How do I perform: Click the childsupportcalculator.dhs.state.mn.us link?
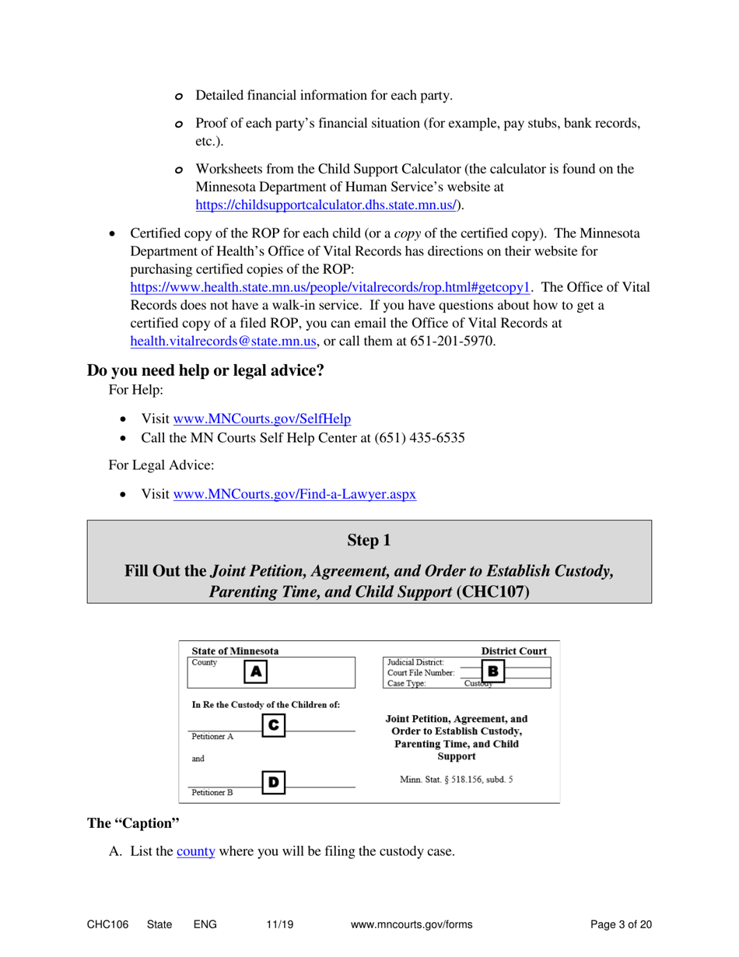click(327, 205)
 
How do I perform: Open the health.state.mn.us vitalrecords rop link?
click(330, 286)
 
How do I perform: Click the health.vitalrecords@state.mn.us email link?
click(225, 341)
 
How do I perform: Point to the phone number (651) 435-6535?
click(420, 437)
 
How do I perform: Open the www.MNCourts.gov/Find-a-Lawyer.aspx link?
click(295, 494)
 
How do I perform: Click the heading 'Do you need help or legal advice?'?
click(205, 370)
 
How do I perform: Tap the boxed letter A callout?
click(256, 671)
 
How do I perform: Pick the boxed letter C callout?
click(273, 724)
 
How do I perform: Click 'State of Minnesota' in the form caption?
click(235, 650)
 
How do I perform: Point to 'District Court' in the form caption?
click(513, 650)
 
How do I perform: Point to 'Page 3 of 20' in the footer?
click(621, 924)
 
